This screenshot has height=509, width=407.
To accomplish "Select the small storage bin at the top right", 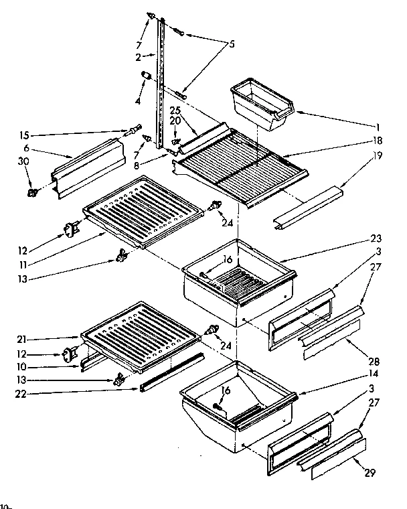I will point(261,104).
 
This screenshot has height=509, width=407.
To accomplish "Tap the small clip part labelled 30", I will point(31,193).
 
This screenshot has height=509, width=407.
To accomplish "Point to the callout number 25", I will point(175,109).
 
